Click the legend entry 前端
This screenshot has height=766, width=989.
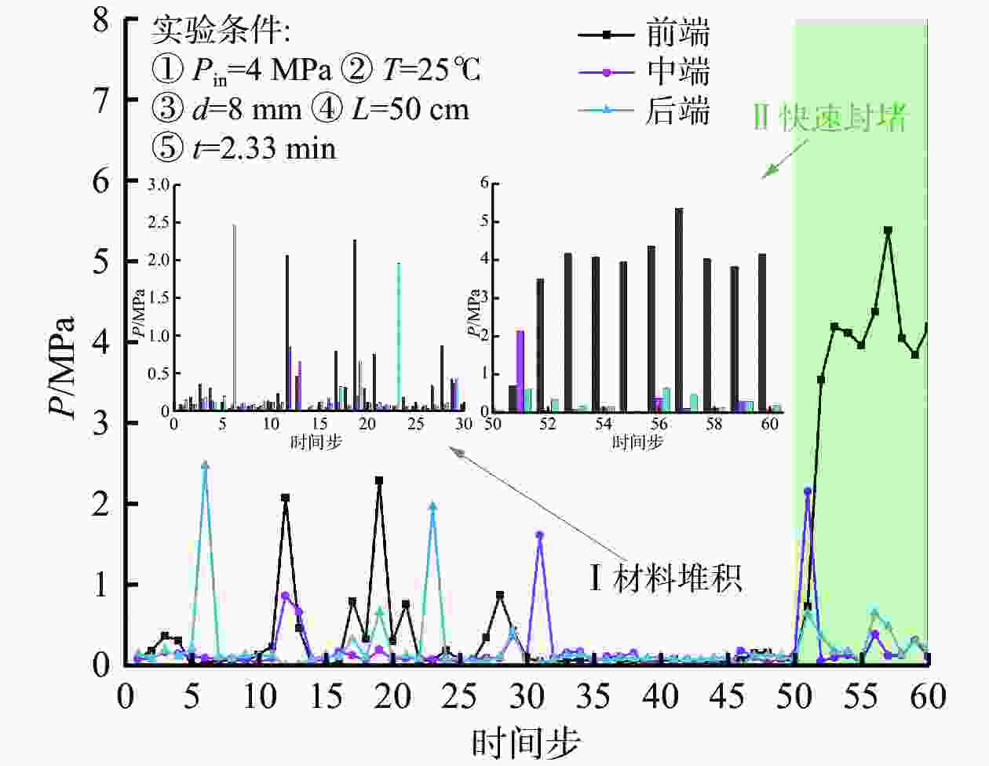coord(644,34)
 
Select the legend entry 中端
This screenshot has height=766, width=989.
coord(644,72)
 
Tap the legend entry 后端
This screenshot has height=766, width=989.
coord(644,111)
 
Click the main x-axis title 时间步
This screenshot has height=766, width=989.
coord(526,742)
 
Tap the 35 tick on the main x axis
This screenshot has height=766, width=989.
coord(593,696)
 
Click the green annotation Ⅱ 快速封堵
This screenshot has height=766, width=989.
coord(830,119)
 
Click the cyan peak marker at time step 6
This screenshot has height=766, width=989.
coord(205,465)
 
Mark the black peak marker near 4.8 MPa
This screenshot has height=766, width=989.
coord(888,231)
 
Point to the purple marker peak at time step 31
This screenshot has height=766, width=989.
coord(539,535)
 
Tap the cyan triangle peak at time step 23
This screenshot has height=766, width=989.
coord(432,506)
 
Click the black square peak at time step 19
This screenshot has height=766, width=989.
coord(379,480)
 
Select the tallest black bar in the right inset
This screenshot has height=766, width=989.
coord(679,309)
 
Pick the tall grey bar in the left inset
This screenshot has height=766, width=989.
coord(234,317)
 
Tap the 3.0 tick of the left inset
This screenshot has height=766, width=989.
coord(159,185)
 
